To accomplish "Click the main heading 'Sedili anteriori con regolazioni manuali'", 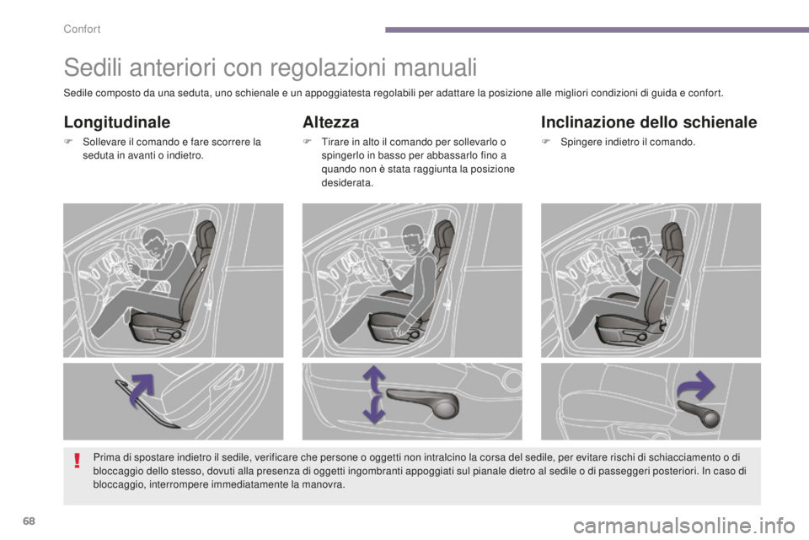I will click(x=271, y=66).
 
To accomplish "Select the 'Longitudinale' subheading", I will click(x=117, y=122).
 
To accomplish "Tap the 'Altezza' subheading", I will click(x=330, y=122).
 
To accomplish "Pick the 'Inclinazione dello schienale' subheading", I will click(x=649, y=122).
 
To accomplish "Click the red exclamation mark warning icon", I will click(x=77, y=461).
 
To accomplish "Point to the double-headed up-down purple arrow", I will click(x=374, y=394).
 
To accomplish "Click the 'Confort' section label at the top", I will click(x=82, y=30).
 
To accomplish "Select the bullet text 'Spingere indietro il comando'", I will click(x=630, y=143).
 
